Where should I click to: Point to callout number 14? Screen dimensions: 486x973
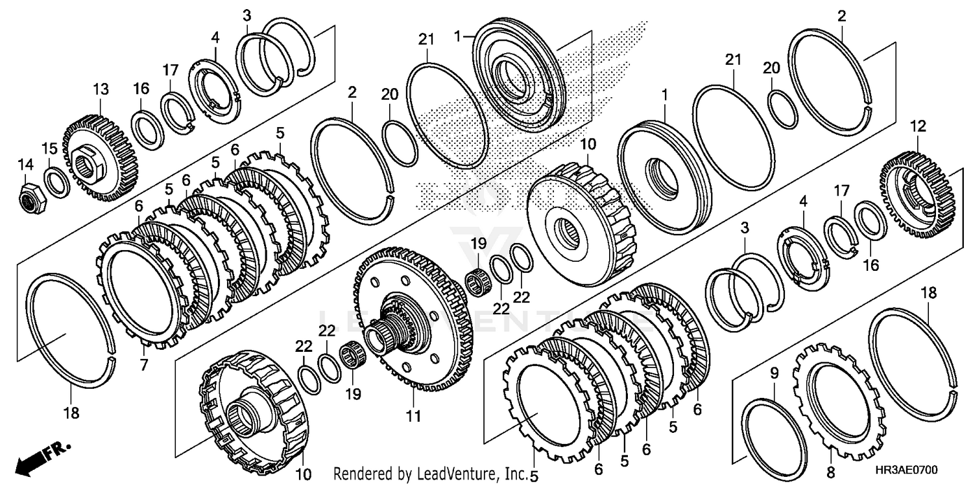point(26,165)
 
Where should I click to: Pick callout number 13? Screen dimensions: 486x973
point(101,88)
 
